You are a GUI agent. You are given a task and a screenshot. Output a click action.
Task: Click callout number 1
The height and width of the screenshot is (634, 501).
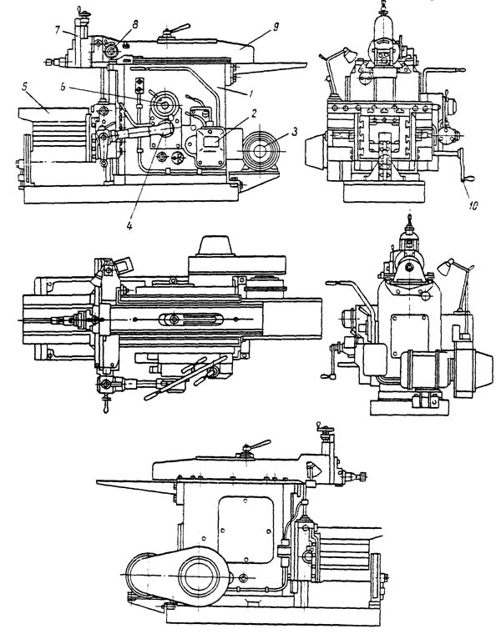pyautogui.click(x=251, y=94)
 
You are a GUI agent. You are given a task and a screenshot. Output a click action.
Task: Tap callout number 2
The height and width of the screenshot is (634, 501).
pyautogui.click(x=253, y=113)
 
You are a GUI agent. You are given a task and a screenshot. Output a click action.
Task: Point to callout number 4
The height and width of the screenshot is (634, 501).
pyautogui.click(x=129, y=225)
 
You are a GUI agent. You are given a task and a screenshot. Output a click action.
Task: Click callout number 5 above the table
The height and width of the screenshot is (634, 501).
pyautogui.click(x=26, y=86)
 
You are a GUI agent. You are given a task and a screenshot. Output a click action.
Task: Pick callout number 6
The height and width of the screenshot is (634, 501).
pyautogui.click(x=63, y=88)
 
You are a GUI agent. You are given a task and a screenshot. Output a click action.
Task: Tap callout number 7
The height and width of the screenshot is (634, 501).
pyautogui.click(x=57, y=29)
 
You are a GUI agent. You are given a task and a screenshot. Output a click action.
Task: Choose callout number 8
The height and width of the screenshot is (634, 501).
pyautogui.click(x=134, y=24)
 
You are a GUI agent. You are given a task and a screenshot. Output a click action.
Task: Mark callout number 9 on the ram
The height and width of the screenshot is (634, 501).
pyautogui.click(x=276, y=27)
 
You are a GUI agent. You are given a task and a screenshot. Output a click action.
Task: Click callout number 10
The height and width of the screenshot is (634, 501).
pyautogui.click(x=473, y=205)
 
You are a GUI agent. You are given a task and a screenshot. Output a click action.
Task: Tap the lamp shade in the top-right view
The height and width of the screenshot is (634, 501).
pyautogui.click(x=349, y=53)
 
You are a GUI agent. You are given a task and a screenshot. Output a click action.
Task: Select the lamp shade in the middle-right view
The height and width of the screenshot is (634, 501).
pyautogui.click(x=446, y=267)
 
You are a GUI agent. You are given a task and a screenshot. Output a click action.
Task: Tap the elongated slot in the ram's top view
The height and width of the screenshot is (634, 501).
pyautogui.click(x=190, y=319)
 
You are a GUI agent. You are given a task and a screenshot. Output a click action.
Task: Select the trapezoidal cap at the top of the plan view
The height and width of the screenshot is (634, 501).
pyautogui.click(x=215, y=245)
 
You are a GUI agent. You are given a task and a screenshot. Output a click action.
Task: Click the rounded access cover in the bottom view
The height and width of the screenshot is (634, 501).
pyautogui.click(x=245, y=529)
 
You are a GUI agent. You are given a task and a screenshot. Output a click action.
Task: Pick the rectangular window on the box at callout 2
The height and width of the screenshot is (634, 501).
pyautogui.click(x=210, y=141)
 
